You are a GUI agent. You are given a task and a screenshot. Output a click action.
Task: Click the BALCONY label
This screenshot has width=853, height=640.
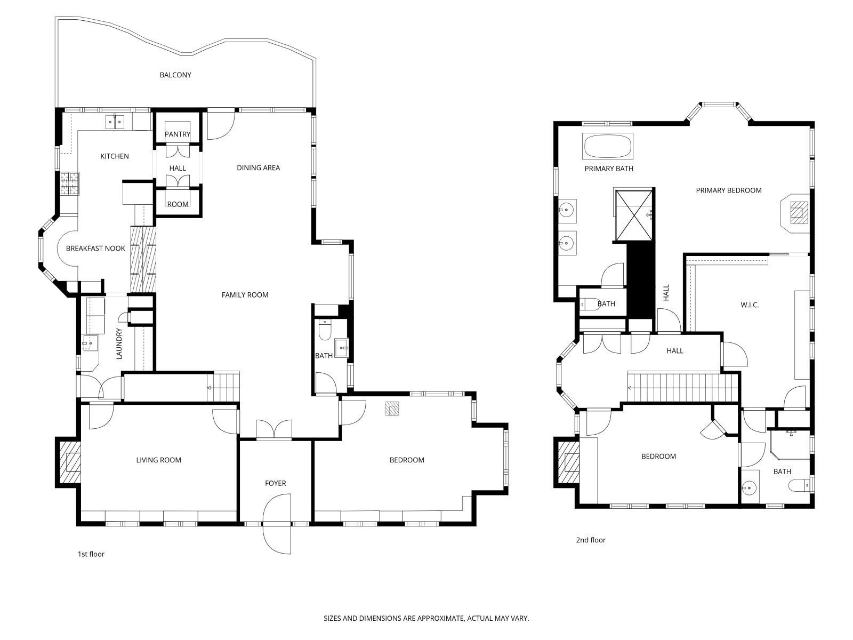coord(175,75)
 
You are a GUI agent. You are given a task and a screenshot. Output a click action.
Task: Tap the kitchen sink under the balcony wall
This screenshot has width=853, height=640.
coord(115,122)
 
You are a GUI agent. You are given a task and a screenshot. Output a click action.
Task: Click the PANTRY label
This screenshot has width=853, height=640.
coord(177,134)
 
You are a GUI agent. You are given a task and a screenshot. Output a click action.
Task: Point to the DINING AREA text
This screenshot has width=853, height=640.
coord(258,168)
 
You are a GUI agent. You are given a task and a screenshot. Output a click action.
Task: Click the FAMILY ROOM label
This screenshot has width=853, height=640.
coord(245,295)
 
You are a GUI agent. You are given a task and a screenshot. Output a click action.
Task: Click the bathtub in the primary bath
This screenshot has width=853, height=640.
coord(608,146)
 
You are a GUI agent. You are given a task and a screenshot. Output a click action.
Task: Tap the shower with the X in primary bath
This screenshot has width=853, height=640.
coord(633,215)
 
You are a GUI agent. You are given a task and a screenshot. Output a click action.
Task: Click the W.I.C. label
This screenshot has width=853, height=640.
coord(749,306)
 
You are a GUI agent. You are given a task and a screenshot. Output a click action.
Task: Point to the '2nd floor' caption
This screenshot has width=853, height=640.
coord(590,540)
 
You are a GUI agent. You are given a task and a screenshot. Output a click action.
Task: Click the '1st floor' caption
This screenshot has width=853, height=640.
coord(91,554)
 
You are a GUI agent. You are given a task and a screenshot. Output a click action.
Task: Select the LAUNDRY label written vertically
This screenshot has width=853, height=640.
coord(119,343)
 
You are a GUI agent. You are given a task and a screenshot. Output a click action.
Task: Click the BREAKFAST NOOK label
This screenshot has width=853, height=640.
coord(95,249)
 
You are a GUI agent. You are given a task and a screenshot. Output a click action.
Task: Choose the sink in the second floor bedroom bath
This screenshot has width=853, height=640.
coord(750,487)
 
